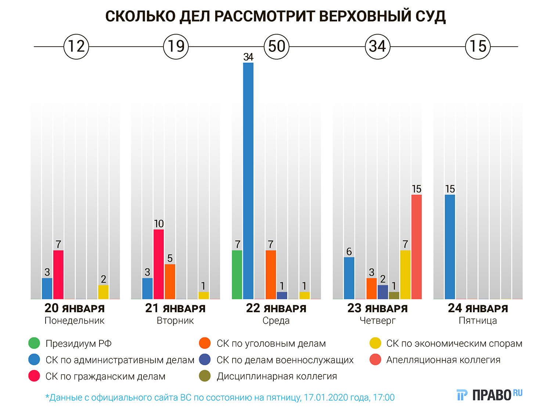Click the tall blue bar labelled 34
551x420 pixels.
248,180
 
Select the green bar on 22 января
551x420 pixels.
237,274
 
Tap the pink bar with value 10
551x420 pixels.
159,264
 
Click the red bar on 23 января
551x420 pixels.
417,246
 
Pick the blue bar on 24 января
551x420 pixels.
450,246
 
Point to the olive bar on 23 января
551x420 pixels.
394,295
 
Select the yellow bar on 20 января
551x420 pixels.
103,292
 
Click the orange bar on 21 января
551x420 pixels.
170,281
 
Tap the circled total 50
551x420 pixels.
277,47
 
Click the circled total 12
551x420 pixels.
76,47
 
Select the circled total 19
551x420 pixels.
176,47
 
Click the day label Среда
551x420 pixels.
276,321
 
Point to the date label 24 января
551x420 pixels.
478,308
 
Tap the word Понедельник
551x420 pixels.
75,321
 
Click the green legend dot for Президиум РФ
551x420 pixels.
34,343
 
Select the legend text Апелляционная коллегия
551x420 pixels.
443,360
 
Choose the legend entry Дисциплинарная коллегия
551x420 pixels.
277,376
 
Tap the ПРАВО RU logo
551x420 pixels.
490,395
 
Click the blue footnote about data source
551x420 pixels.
220,398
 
